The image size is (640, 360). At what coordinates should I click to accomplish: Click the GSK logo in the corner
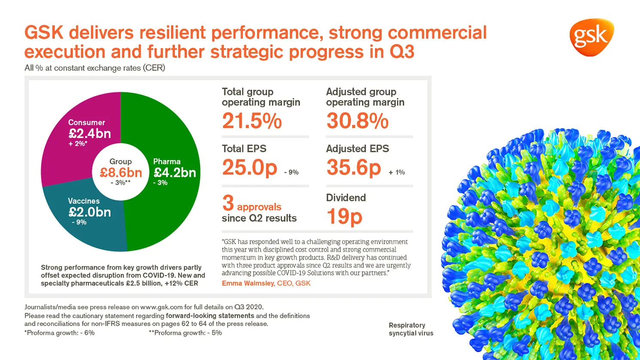tap(591, 37)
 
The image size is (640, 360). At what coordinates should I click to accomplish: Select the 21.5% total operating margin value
tap(252, 121)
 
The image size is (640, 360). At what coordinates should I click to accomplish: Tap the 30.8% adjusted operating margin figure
tap(357, 121)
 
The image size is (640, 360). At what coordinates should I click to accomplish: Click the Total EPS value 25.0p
tap(249, 167)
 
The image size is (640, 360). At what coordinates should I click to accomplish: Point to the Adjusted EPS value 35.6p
tap(354, 167)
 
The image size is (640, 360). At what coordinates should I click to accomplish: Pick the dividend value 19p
tap(344, 216)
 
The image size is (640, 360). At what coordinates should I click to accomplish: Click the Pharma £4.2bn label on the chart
tap(175, 172)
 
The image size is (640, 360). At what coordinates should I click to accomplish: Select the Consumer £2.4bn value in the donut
tap(90, 133)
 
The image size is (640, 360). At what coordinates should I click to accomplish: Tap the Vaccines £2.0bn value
tap(90, 212)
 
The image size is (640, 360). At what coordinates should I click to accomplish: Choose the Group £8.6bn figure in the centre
tap(121, 172)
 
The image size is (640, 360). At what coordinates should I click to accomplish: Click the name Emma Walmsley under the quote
tap(248, 283)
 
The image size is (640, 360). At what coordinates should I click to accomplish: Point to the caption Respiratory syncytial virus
tap(411, 329)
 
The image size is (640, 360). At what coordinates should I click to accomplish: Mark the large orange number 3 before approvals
tap(228, 203)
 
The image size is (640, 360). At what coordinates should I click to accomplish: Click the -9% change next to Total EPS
tap(291, 172)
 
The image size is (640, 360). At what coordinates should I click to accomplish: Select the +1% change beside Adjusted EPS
tap(397, 172)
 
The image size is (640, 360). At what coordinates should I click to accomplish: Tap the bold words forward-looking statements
tap(210, 316)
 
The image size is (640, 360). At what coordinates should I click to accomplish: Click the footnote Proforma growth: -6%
tap(60, 333)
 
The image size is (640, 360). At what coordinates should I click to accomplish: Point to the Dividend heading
tap(346, 198)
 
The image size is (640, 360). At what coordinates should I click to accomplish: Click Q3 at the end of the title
tap(402, 52)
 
